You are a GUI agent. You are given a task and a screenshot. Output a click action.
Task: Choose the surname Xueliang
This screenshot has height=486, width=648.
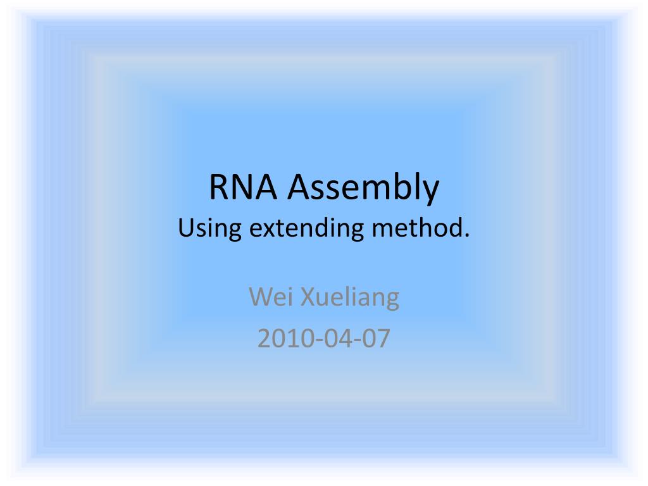[x=349, y=298]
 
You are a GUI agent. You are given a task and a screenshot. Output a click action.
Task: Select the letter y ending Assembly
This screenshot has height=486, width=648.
[x=430, y=193]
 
